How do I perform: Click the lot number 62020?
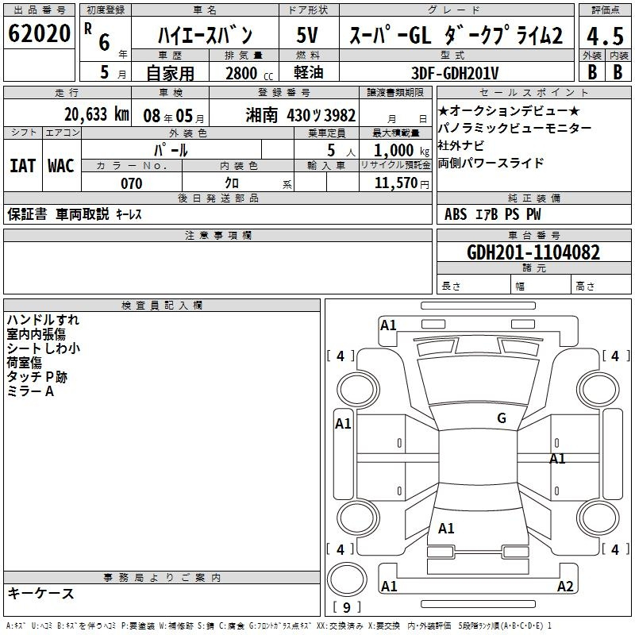click(39, 33)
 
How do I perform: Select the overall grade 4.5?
click(605, 37)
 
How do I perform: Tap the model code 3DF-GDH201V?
click(455, 73)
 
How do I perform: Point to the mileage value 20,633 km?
click(97, 114)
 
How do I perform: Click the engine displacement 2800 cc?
click(249, 73)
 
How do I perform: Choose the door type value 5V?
click(307, 35)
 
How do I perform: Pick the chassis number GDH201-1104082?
click(533, 252)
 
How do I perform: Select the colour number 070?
click(132, 183)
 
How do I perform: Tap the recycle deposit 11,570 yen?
click(402, 183)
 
